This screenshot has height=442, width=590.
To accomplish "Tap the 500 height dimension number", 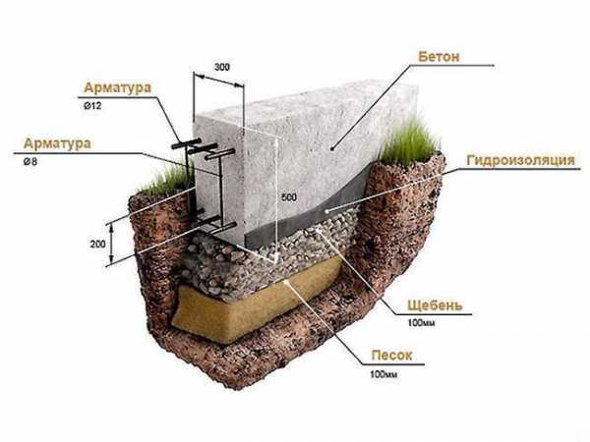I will (x=287, y=197).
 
